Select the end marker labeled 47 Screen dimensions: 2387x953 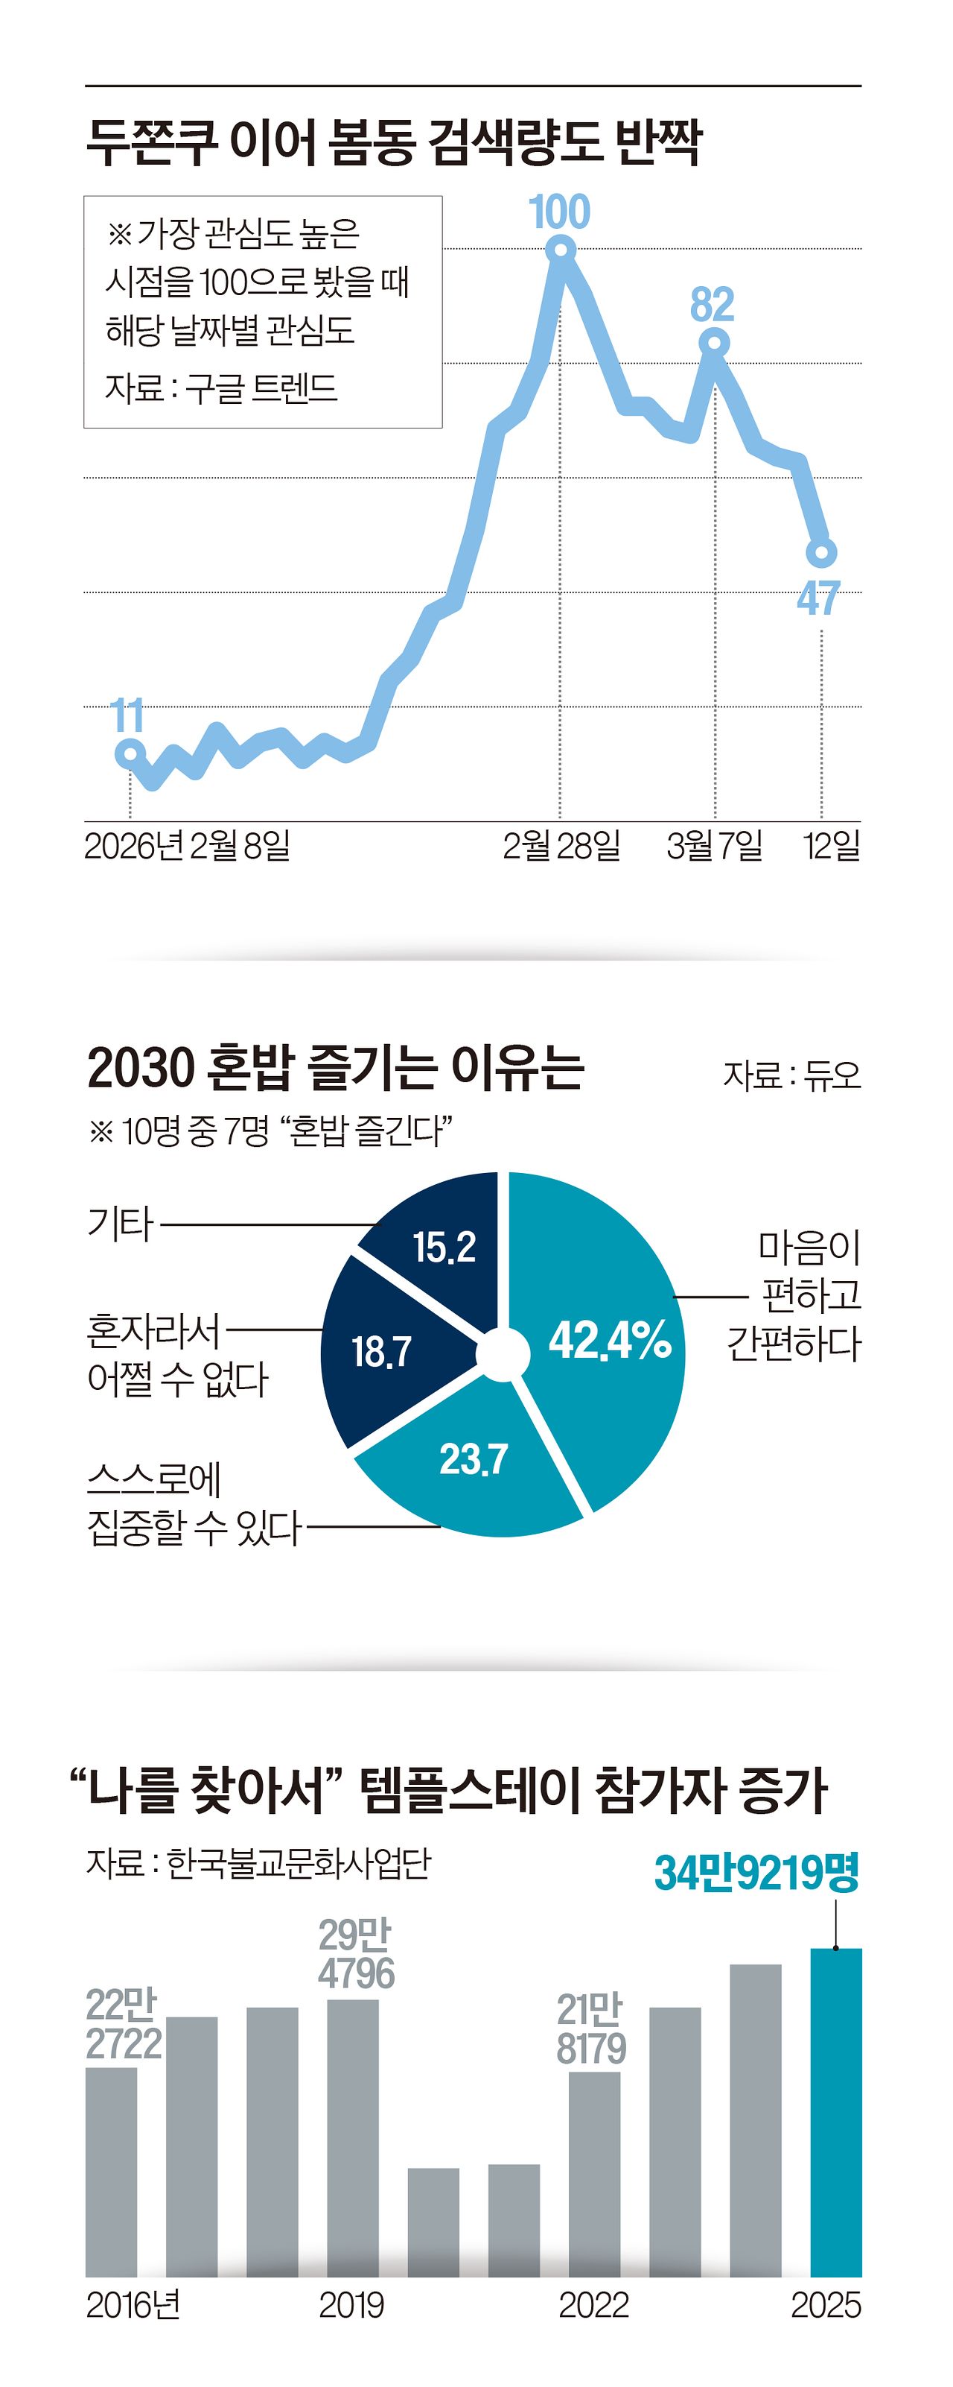click(821, 552)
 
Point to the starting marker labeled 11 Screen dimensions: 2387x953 click(130, 754)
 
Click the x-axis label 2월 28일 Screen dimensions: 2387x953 click(561, 845)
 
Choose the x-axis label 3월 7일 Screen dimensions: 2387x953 click(714, 845)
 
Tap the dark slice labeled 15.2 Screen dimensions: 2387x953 click(444, 1246)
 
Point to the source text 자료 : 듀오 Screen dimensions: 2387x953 click(792, 1075)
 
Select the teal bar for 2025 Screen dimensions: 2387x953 click(835, 2113)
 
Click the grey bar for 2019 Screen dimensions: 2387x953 click(353, 2140)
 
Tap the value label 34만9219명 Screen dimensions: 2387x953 click(756, 1873)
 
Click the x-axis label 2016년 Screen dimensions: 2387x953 click(133, 2306)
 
